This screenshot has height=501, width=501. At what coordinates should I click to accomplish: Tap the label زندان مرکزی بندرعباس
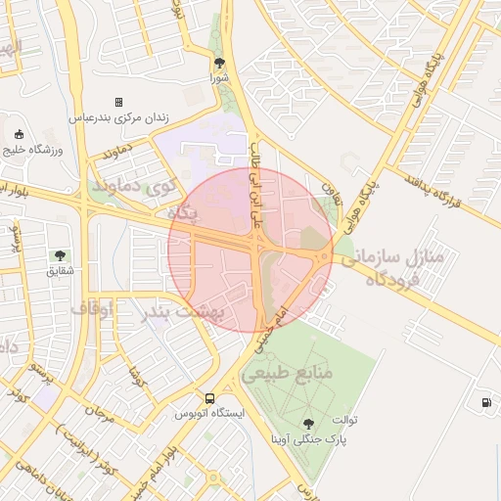118,117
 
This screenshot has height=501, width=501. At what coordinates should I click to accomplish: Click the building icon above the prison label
118,102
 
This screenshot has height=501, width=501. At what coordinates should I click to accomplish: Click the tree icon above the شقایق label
62,254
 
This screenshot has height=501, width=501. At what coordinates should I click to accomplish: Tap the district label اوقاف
91,308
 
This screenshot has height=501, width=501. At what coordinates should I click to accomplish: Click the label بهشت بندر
185,312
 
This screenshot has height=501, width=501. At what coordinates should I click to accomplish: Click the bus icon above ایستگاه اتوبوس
210,397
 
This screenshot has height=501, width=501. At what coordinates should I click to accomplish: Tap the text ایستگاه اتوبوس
209,413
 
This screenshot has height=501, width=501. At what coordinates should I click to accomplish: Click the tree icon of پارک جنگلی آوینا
310,423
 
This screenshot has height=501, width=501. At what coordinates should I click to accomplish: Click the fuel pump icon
486,402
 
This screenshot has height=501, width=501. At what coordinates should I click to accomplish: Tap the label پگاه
183,212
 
